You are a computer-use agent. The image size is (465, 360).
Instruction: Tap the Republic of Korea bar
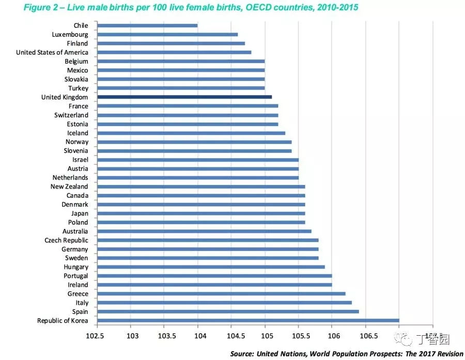(248, 321)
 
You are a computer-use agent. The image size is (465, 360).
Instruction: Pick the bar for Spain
(228, 312)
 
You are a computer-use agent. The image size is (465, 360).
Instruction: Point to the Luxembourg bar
(167, 35)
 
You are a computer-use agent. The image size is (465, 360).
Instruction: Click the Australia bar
(204, 231)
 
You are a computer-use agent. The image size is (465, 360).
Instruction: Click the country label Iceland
(78, 133)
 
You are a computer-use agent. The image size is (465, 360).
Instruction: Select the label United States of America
(52, 52)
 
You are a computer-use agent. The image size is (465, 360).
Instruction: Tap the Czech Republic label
(66, 240)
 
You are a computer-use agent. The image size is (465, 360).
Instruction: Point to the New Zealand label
(69, 186)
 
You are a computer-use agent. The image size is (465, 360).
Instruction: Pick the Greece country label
(78, 294)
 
